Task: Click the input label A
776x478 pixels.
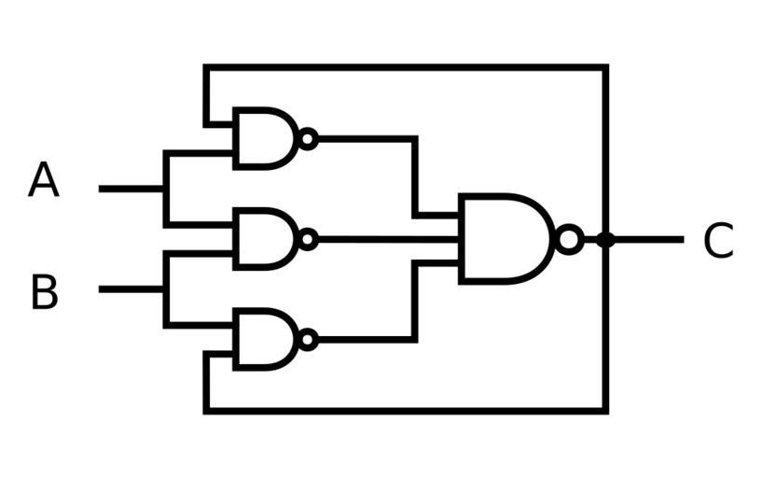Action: [x=44, y=180]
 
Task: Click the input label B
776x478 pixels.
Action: [x=44, y=292]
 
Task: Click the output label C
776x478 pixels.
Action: [x=717, y=241]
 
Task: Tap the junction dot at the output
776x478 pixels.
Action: [x=605, y=240]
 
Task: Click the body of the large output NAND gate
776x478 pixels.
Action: [x=504, y=239]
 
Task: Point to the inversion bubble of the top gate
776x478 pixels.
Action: [x=308, y=139]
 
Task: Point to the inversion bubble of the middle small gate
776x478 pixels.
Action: [x=308, y=239]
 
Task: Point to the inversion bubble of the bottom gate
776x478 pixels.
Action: [x=308, y=340]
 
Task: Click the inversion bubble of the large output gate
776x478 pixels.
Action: [x=569, y=240]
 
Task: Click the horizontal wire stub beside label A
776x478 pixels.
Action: [x=131, y=189]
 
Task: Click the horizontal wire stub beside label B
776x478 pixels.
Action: [x=131, y=289]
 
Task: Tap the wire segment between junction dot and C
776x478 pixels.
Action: [x=648, y=240]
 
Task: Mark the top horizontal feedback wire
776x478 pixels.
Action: [x=406, y=67]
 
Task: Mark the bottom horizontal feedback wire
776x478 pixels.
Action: [x=406, y=410]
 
